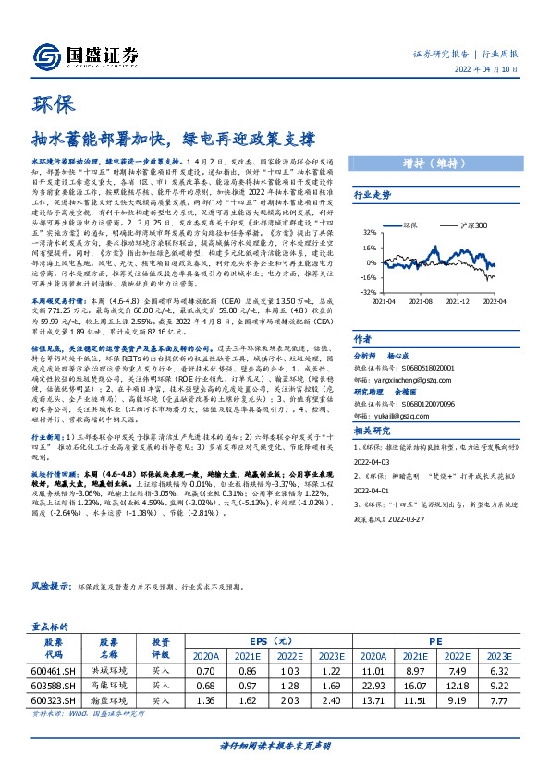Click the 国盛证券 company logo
[84, 55]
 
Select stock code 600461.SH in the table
[54, 668]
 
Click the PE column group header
[432, 638]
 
